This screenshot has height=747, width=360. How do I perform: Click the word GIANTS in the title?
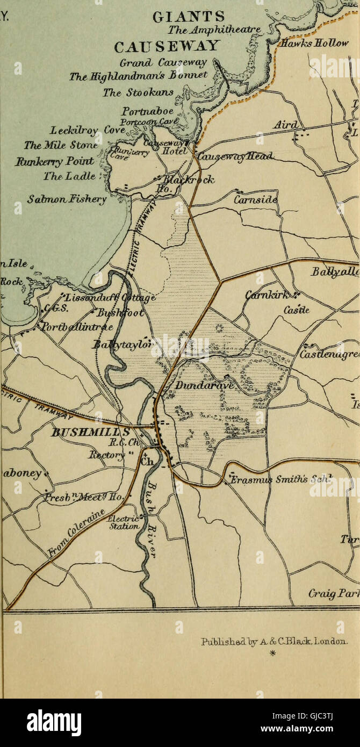click(x=189, y=17)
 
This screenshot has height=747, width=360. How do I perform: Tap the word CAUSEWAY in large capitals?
click(x=167, y=45)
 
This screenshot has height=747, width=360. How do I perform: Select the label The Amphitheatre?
click(x=214, y=30)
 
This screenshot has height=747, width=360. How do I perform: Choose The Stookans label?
click(x=138, y=92)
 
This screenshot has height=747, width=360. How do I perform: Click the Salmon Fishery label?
click(x=67, y=199)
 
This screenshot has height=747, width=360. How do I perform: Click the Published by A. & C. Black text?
click(x=274, y=641)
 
